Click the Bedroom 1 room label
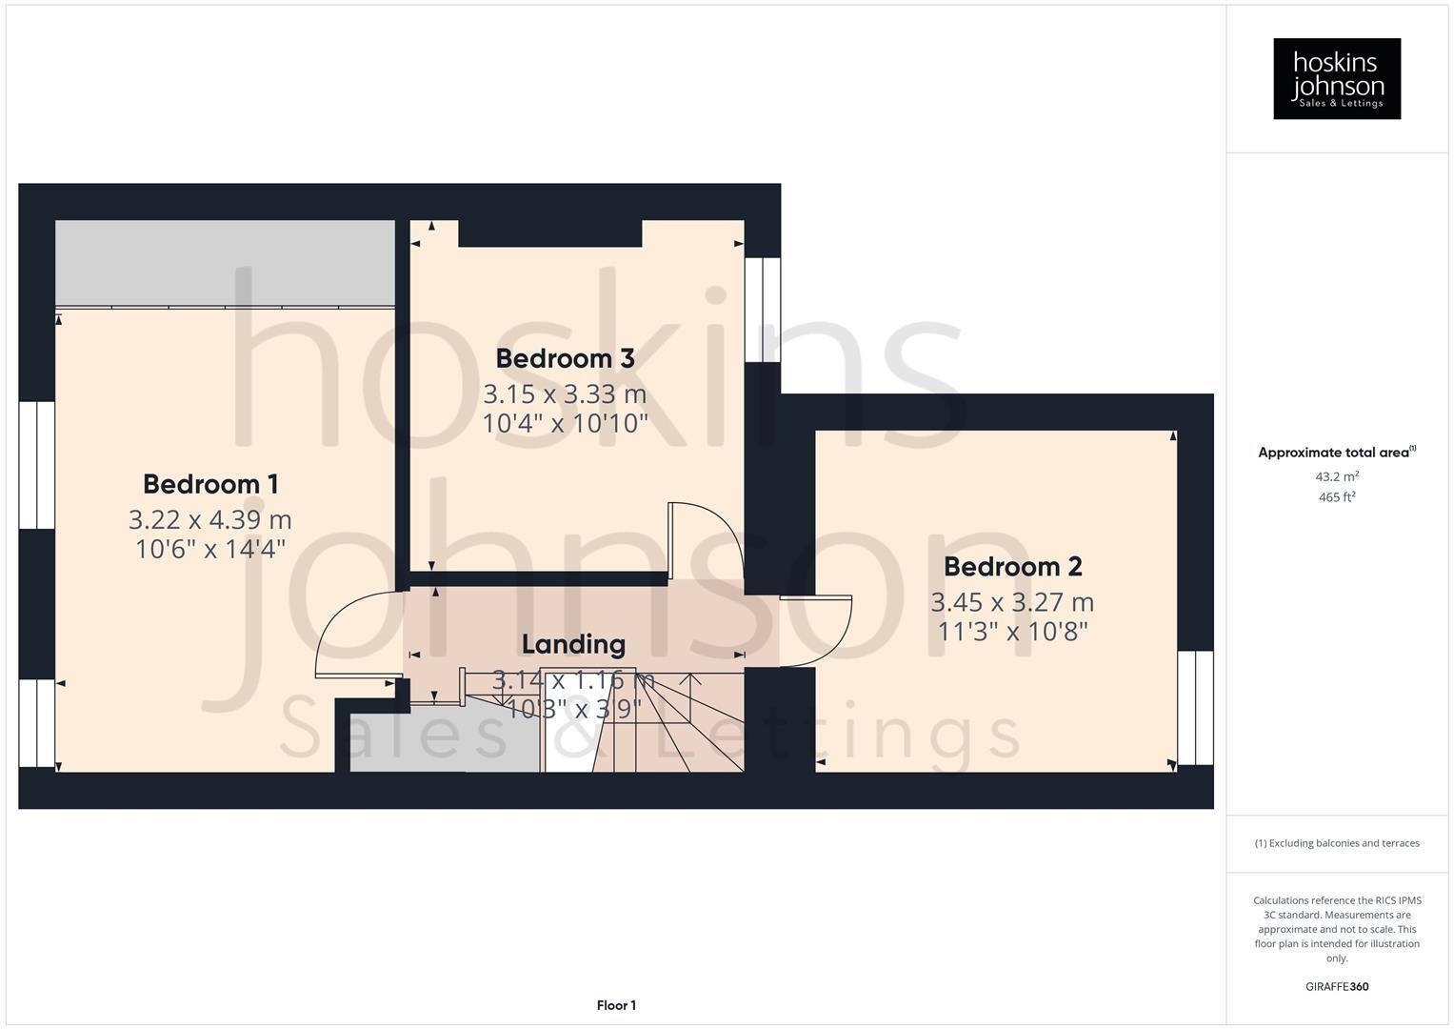(x=210, y=484)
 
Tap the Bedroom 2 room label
(x=1012, y=567)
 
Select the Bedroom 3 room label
(x=565, y=359)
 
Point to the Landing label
(x=573, y=645)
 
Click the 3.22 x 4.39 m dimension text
(x=210, y=520)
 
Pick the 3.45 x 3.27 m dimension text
(x=1012, y=603)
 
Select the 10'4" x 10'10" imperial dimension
(x=565, y=423)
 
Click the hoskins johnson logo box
(x=1336, y=79)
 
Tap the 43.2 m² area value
(x=1336, y=476)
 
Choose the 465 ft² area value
(x=1336, y=497)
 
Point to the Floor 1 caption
(x=616, y=1005)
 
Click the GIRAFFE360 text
(x=1336, y=986)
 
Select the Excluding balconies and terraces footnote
(x=1336, y=843)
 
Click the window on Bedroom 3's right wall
(x=763, y=310)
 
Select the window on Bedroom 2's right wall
(x=1195, y=708)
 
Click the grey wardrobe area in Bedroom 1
(x=225, y=263)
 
